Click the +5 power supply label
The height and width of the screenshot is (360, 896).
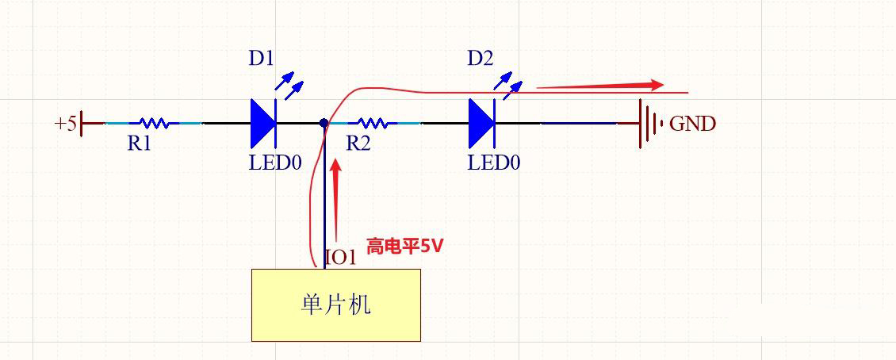click(65, 124)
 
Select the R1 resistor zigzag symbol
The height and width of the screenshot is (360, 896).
click(155, 123)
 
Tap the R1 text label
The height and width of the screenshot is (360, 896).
click(139, 144)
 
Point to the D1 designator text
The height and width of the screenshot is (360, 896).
click(261, 59)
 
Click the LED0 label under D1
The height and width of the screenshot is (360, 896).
click(275, 163)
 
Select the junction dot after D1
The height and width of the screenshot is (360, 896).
click(324, 123)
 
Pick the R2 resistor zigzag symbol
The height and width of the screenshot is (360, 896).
click(373, 123)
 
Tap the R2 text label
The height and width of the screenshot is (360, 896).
click(358, 144)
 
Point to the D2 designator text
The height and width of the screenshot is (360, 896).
click(480, 59)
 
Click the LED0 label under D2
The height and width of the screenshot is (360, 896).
click(494, 163)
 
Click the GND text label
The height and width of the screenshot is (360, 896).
click(692, 124)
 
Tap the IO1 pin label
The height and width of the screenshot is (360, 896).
click(341, 257)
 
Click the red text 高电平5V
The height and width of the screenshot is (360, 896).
click(404, 246)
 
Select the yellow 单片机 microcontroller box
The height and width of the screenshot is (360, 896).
click(335, 304)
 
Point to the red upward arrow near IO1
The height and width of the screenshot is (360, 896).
click(336, 198)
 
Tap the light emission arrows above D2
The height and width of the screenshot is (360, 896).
click(507, 81)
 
